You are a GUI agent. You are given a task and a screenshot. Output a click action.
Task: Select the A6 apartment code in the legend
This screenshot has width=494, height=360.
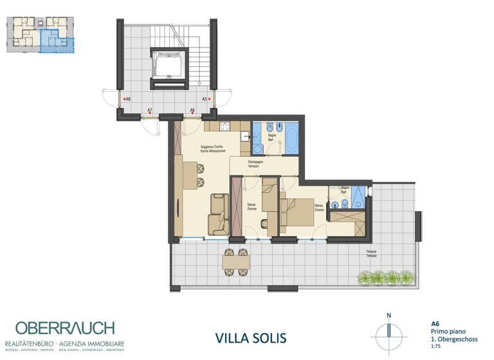point(435,324)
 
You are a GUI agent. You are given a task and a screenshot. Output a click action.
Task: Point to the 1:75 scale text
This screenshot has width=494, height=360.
point(435,345)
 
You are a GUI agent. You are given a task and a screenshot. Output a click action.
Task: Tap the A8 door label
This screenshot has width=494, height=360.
point(128,99)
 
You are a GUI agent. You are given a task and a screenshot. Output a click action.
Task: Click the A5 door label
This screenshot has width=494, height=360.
point(205,99)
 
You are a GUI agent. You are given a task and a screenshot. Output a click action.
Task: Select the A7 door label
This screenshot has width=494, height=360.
point(150,111)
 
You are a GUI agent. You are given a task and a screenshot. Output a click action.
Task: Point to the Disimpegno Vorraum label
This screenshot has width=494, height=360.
point(256,164)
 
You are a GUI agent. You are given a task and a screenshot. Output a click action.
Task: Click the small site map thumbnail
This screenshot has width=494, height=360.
point(40,35)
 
